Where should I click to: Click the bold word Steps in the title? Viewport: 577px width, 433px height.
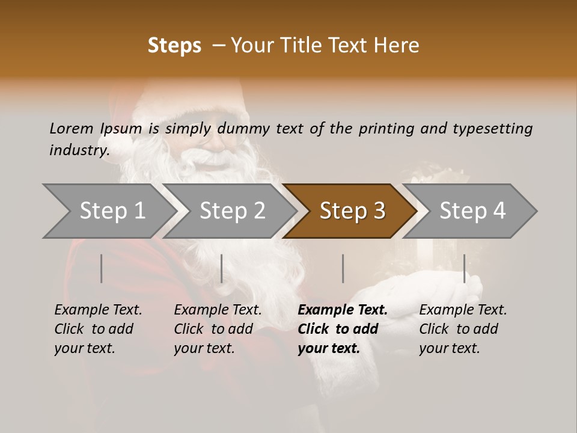tap(174, 46)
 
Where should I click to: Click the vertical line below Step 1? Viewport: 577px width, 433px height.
tap(102, 268)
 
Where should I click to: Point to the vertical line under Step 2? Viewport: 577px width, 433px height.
tap(222, 268)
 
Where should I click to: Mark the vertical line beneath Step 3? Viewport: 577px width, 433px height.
tap(343, 268)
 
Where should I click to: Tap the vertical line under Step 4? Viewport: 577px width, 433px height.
tap(464, 268)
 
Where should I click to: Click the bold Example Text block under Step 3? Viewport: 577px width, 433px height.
tap(343, 329)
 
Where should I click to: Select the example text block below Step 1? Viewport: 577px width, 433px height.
tap(98, 329)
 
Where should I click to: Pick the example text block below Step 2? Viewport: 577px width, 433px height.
tap(218, 329)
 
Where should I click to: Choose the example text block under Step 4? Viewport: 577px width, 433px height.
tap(463, 329)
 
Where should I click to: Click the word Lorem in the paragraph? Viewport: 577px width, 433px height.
tap(72, 128)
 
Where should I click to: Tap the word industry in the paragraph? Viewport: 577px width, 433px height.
tap(79, 150)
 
